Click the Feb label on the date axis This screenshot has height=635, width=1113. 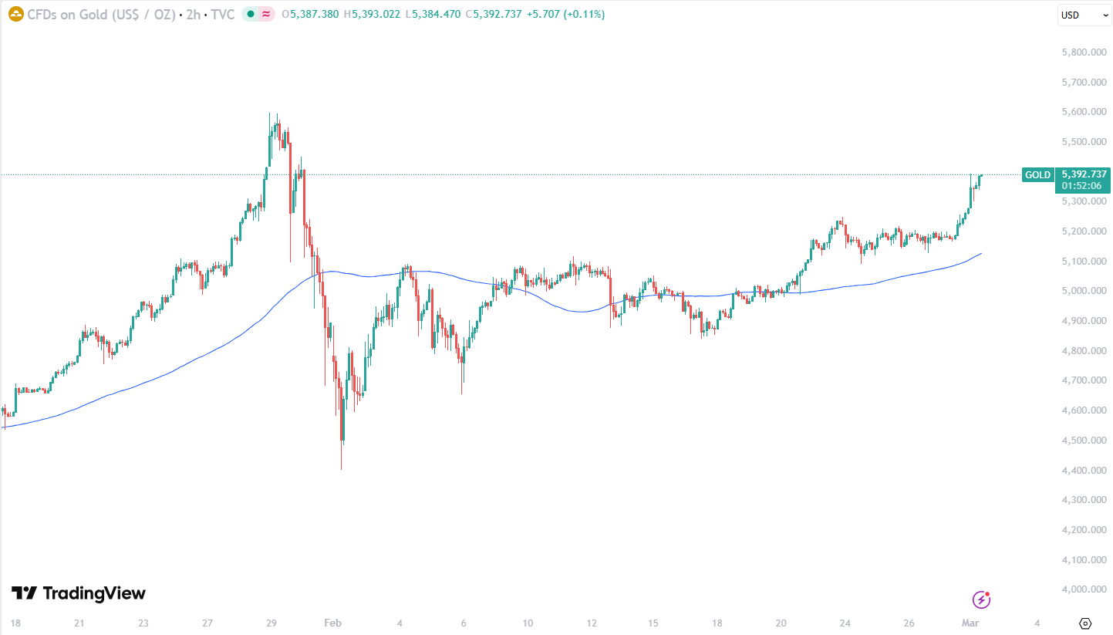332,623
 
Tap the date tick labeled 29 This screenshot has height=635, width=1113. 271,623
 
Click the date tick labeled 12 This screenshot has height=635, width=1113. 591,623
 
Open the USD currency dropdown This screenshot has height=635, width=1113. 1084,15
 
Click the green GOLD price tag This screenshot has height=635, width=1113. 1037,175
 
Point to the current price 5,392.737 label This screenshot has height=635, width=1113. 1084,174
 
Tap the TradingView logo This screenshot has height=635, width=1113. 79,593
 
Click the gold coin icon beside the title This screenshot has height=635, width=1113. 15,14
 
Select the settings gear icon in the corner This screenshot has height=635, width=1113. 1085,623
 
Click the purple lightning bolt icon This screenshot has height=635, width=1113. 981,600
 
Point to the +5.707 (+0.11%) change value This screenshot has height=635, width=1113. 566,14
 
